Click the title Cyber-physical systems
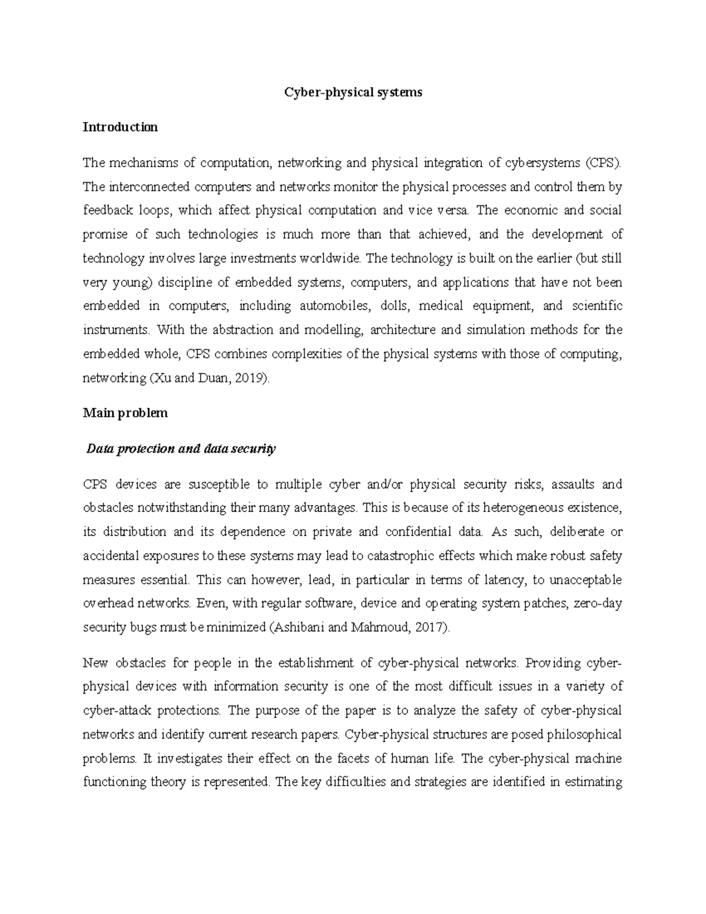pos(353,92)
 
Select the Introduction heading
pos(120,127)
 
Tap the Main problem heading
pos(125,413)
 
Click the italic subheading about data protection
pos(180,449)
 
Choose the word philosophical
pos(572,734)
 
